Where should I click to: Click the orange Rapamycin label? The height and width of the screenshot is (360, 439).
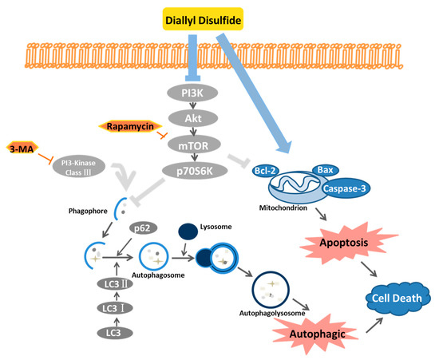[x=129, y=126]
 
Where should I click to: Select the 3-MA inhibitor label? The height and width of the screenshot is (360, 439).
[x=26, y=148]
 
